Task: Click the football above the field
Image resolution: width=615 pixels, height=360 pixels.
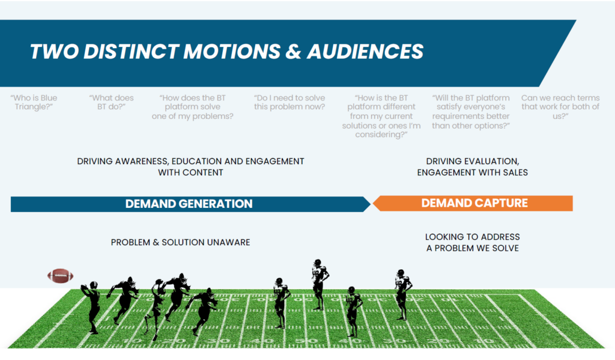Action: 60,276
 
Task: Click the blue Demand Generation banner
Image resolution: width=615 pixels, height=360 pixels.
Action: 189,204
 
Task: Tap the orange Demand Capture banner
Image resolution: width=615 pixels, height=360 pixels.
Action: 474,203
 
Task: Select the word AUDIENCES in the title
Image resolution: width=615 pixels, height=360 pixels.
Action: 365,52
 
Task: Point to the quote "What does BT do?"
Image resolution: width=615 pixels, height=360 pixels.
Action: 111,102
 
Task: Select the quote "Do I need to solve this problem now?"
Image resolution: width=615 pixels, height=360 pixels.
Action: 289,102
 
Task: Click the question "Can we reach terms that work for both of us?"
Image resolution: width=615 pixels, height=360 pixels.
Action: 560,106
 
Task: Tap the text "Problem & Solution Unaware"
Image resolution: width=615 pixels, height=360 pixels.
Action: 180,242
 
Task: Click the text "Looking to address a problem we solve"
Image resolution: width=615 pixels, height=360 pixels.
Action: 472,242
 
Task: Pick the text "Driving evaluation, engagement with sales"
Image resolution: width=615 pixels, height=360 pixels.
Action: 472,166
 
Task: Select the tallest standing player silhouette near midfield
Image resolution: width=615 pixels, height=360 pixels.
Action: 318,284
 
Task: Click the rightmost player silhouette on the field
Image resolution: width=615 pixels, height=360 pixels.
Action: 402,294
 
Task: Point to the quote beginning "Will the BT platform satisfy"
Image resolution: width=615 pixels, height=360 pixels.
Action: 471,111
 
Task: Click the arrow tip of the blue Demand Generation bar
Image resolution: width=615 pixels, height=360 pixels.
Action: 368,204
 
